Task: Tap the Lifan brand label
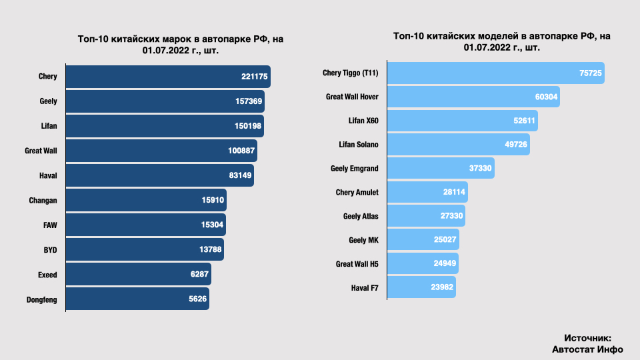[x=49, y=126]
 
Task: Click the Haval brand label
[x=48, y=175]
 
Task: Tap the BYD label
[x=50, y=249]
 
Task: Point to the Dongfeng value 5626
[x=198, y=299]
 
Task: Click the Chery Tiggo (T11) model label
[x=351, y=73]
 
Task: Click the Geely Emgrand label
[x=355, y=169]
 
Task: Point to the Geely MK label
[x=363, y=240]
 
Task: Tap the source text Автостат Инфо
[x=587, y=349]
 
